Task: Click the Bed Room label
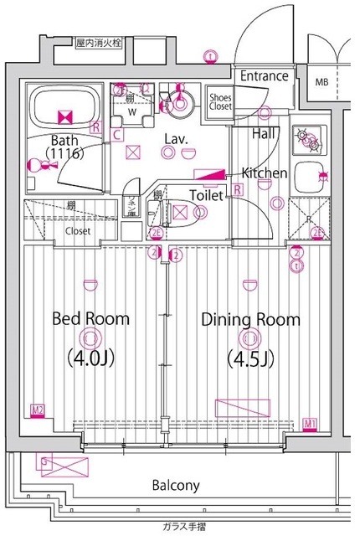pyautogui.click(x=90, y=319)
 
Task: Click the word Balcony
pyautogui.click(x=175, y=486)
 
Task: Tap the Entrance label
pyautogui.click(x=265, y=76)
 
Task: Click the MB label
pyautogui.click(x=322, y=82)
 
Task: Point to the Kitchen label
pyautogui.click(x=265, y=173)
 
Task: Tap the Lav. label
pyautogui.click(x=175, y=139)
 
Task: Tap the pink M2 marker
pyautogui.click(x=37, y=410)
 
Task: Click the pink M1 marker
pyautogui.click(x=310, y=422)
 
